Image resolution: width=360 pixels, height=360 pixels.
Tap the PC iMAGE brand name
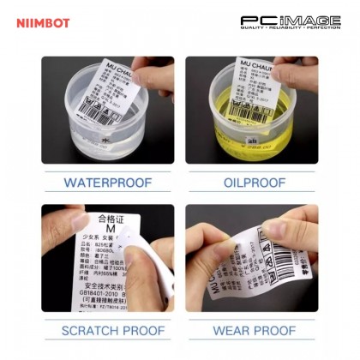pos(290,20)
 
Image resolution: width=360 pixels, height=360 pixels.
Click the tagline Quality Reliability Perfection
pos(290,30)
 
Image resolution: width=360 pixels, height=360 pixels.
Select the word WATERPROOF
pos(107,183)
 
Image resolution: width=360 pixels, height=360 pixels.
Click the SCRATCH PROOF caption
pos(107,330)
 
